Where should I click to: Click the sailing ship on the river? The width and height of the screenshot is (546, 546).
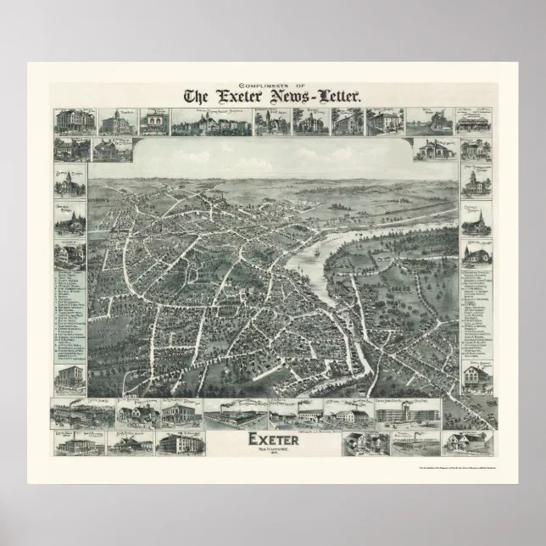pyautogui.click(x=315, y=252)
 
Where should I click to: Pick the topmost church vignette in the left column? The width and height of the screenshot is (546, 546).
pyautogui.click(x=70, y=181)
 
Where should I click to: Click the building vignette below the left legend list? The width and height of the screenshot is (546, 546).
pyautogui.click(x=70, y=379)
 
